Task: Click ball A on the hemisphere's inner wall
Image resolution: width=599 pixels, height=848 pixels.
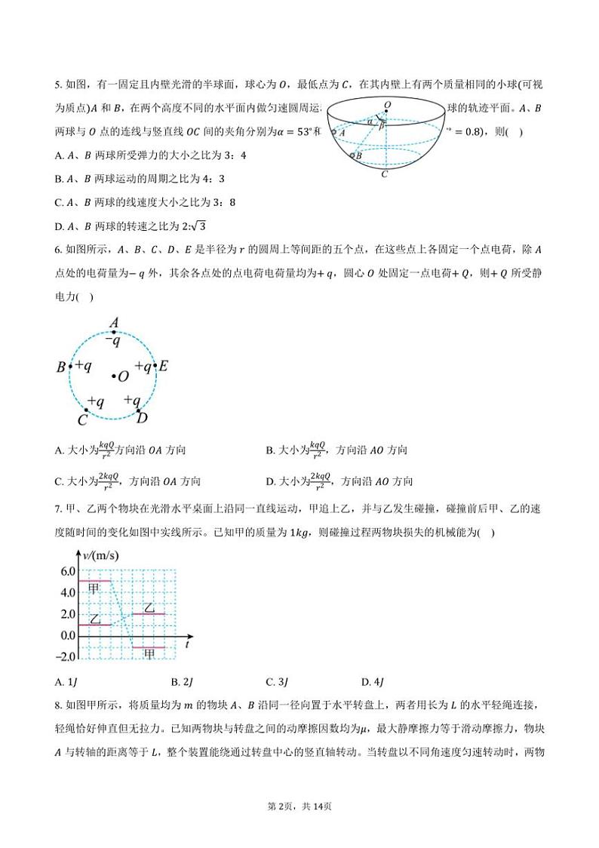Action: (334, 132)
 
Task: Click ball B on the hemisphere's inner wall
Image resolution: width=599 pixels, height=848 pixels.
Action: (352, 155)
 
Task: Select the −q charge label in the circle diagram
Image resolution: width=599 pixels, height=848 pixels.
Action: (113, 341)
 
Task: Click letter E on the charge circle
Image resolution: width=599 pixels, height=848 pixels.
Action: (164, 367)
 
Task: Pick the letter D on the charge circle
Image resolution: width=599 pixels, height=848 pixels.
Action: (142, 417)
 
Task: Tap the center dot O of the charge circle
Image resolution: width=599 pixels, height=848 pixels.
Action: (114, 375)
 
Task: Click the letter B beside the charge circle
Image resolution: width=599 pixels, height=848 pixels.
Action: (61, 368)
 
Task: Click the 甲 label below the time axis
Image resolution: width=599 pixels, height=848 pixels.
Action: (149, 653)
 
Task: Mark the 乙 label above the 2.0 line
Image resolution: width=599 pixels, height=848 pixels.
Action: (149, 607)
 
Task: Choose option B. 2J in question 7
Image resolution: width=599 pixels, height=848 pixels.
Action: (183, 682)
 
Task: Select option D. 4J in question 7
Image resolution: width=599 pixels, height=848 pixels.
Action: (373, 682)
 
